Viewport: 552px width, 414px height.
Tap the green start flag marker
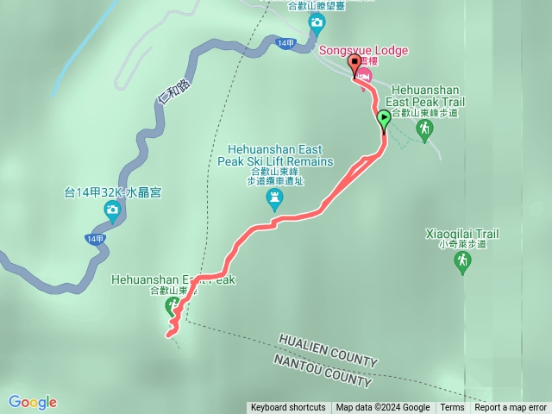384,118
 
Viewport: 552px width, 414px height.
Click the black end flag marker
354,64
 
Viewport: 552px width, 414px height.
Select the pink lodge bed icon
365,77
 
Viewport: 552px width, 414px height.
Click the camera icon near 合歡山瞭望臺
317,22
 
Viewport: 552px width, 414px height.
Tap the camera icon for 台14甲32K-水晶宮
111,210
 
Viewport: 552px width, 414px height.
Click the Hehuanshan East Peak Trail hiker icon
423,129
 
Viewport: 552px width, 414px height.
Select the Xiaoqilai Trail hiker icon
462,262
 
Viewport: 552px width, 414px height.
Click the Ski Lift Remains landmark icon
274,201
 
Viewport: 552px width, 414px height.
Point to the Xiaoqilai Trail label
462,234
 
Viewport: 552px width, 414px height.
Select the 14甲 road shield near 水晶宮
95,239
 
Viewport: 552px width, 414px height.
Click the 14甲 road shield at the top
286,42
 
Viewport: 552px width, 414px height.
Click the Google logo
32,402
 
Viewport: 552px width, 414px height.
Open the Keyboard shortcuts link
288,408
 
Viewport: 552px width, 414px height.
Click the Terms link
452,408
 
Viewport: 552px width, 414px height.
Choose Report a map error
511,408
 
